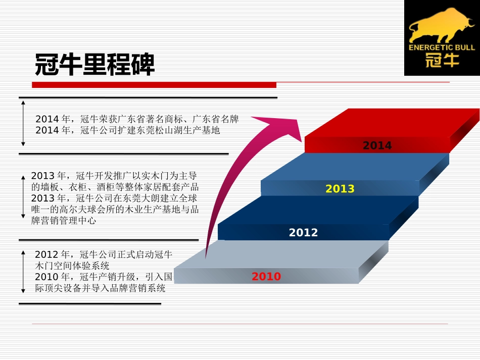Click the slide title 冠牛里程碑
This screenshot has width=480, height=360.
pyautogui.click(x=94, y=65)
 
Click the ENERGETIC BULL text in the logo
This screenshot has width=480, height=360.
pyautogui.click(x=442, y=47)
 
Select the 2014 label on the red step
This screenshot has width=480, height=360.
pyautogui.click(x=377, y=145)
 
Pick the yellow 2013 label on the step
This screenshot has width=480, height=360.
pyautogui.click(x=340, y=189)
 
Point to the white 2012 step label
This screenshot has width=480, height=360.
pyautogui.click(x=303, y=232)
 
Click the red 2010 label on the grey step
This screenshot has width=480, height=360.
pyautogui.click(x=266, y=277)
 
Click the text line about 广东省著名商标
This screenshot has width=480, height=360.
pyautogui.click(x=136, y=120)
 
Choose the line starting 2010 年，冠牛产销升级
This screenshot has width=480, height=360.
pyautogui.click(x=104, y=277)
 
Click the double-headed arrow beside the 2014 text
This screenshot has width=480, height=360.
pyautogui.click(x=23, y=123)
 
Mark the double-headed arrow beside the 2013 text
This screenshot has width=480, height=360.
pyautogui.click(x=23, y=197)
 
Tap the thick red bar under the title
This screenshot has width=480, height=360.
pyautogui.click(x=154, y=85)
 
